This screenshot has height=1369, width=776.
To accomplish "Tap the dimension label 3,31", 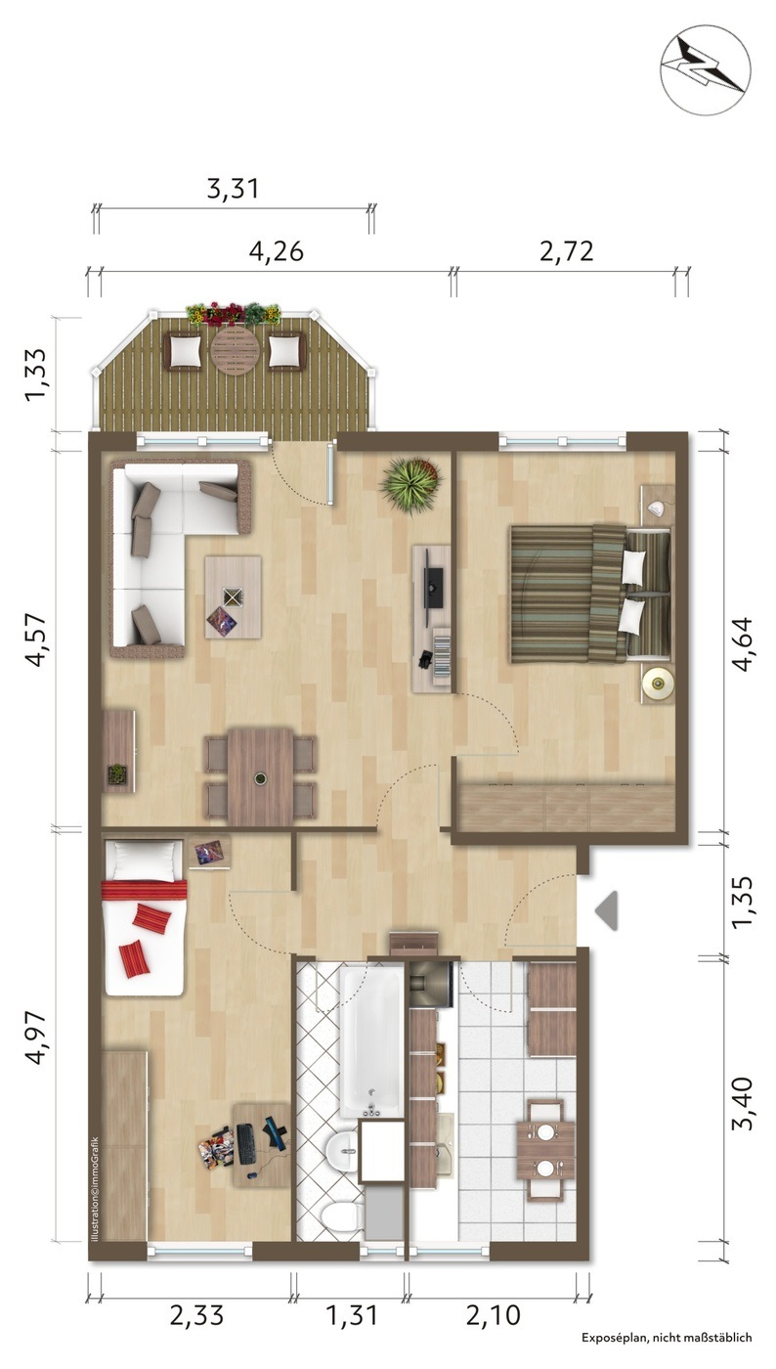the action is (x=233, y=188).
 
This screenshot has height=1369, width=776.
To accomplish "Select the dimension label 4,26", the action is (x=277, y=251).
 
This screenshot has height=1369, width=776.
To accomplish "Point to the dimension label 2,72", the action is (x=567, y=251).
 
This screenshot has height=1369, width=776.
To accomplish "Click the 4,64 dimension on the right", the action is (x=745, y=645).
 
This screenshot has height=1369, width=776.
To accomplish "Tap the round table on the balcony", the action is (x=236, y=350).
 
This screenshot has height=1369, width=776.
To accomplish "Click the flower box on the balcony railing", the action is (x=234, y=314).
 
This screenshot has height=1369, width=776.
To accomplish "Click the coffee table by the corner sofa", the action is (x=233, y=597).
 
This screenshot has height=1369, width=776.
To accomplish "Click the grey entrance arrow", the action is (x=606, y=911).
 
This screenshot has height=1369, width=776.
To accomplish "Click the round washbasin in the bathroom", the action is (x=343, y=1150).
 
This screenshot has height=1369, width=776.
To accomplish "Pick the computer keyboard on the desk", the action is (x=245, y=1143).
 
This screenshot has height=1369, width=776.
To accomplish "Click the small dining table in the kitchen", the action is (x=545, y=1150).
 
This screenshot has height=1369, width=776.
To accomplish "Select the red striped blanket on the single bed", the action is (x=145, y=890).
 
